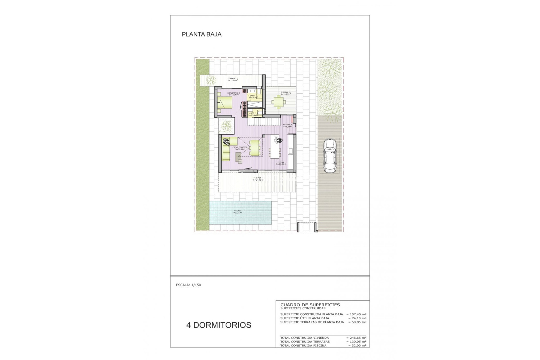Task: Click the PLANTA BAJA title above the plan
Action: click(x=202, y=34)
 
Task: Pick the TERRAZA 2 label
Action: click(x=233, y=79)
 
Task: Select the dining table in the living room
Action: click(x=255, y=148)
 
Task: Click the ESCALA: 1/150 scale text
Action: click(x=188, y=285)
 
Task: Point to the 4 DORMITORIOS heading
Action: click(x=219, y=325)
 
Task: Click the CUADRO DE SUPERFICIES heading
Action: click(x=310, y=305)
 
